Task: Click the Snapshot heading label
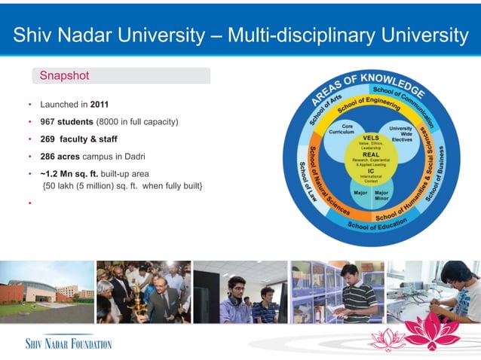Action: coord(64,75)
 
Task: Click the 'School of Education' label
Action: coord(377,224)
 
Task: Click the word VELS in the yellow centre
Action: coord(371,139)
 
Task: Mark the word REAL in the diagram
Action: coord(371,154)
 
